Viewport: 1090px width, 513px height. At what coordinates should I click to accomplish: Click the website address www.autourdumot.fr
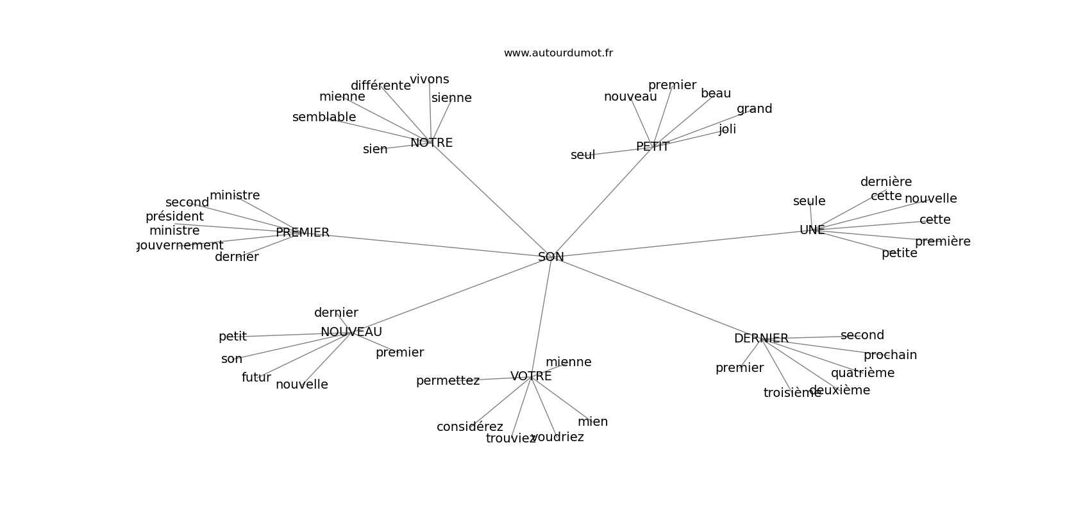[558, 53]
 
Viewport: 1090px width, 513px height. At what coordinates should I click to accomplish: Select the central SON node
[551, 257]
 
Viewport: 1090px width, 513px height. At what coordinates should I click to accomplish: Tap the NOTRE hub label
[432, 143]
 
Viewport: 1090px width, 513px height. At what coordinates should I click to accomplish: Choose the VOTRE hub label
[531, 376]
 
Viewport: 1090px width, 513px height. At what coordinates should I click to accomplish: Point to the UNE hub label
[812, 230]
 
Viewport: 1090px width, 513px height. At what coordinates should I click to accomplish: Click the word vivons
[430, 80]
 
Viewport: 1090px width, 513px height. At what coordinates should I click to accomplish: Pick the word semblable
[324, 117]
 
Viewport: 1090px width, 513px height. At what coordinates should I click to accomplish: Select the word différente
[380, 86]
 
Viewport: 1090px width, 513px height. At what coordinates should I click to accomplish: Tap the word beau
[716, 94]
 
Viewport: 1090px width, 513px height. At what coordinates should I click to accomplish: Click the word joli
[727, 130]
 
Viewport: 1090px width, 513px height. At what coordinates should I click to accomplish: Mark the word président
[174, 217]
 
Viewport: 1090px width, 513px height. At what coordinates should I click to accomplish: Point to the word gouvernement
[180, 246]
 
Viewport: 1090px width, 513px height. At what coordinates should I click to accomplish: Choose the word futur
[256, 378]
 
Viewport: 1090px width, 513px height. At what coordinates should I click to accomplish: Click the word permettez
[448, 381]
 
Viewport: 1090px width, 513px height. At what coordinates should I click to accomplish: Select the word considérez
[469, 427]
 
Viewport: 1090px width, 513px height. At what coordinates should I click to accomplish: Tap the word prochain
[890, 355]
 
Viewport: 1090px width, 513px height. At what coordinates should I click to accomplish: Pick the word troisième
[792, 393]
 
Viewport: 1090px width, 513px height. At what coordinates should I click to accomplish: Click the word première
[943, 242]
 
